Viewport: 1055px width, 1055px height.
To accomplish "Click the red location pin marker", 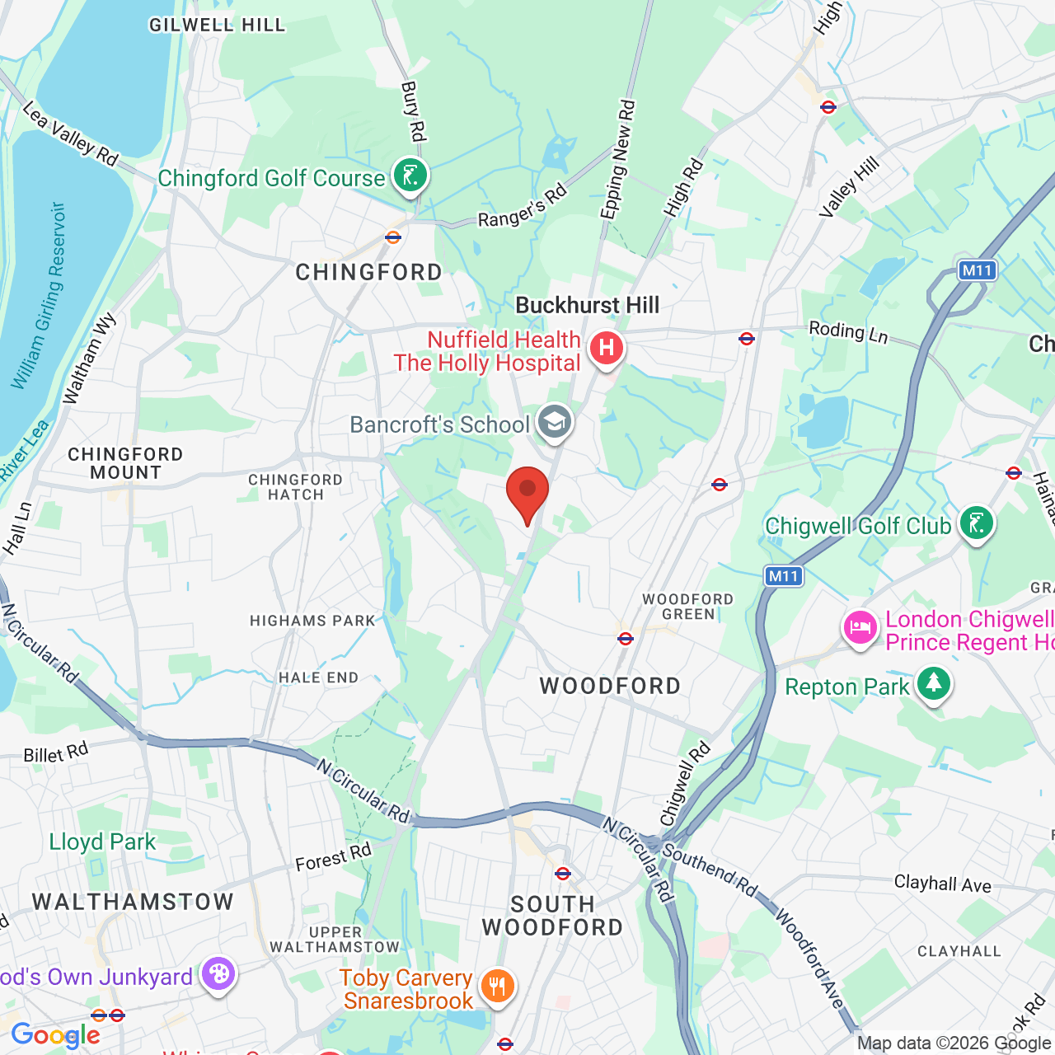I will [527, 493].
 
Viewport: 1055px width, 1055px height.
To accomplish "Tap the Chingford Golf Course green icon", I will [410, 176].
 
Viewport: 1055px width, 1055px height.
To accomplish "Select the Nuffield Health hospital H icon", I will [607, 349].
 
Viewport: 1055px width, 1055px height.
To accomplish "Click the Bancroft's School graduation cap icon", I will [555, 423].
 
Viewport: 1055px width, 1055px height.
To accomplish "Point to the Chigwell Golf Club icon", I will [977, 523].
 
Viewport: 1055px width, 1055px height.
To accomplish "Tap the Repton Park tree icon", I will [933, 684].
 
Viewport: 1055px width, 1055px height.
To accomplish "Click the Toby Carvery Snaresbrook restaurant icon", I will [497, 986].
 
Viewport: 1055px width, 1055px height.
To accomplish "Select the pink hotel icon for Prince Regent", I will [860, 628].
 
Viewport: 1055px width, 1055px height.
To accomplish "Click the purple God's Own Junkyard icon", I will [218, 975].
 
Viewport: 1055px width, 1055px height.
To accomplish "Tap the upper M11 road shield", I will [977, 270].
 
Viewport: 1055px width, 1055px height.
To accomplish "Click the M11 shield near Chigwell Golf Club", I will [783, 576].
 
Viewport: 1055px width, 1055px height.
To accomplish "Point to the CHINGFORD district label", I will [368, 272].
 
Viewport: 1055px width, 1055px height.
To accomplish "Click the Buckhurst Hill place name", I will [587, 306].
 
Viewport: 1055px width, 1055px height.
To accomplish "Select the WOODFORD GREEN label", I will [687, 607].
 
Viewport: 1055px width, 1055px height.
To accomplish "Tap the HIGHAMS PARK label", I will [312, 621].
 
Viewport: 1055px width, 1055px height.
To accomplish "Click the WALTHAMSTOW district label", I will [133, 902].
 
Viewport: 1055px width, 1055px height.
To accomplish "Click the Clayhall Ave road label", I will [942, 884].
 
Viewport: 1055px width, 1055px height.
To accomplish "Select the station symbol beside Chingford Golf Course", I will [393, 237].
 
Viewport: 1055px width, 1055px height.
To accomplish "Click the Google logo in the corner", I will [55, 1035].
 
